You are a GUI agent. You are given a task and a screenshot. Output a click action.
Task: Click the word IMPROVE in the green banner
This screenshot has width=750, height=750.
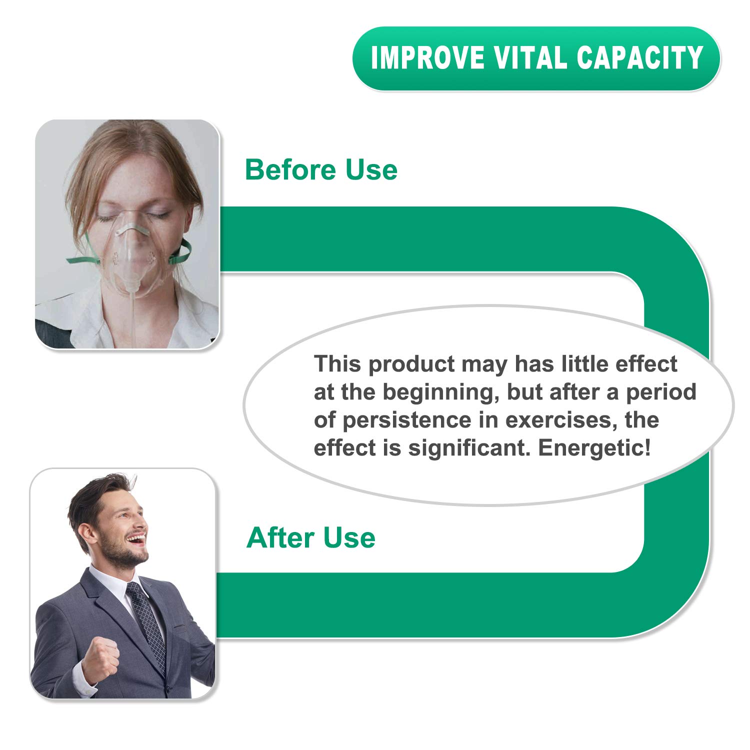click(427, 58)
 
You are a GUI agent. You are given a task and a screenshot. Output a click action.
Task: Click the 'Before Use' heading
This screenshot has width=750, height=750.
click(321, 170)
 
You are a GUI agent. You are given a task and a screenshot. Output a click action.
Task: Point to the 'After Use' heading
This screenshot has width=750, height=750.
click(310, 538)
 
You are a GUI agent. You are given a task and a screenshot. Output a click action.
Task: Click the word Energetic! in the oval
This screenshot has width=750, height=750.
click(594, 448)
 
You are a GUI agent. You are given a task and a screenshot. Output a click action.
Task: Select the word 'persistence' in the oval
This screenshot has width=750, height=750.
click(406, 420)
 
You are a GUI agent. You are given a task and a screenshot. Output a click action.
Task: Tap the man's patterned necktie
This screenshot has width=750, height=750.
click(147, 625)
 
